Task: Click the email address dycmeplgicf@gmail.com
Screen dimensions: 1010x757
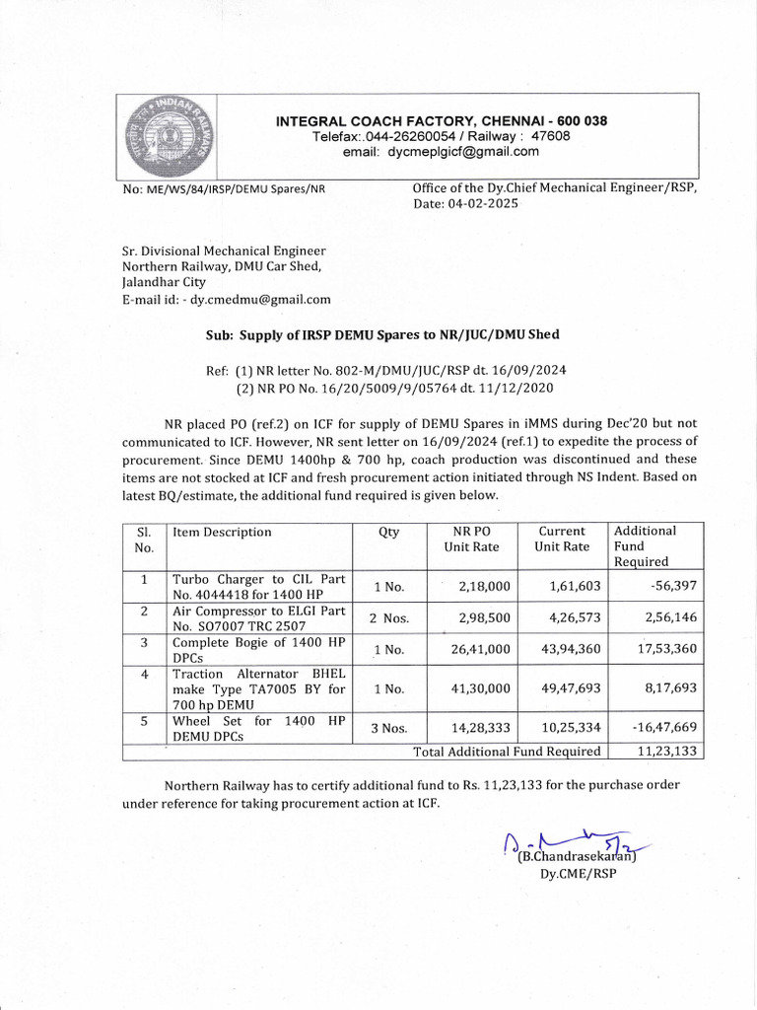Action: [463, 152]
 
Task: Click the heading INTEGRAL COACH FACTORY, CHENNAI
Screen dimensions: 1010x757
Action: [441, 121]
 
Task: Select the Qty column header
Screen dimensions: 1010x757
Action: [388, 533]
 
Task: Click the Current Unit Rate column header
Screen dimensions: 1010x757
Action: [562, 539]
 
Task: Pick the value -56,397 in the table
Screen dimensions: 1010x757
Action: [674, 586]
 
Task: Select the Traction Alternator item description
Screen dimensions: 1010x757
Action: [258, 689]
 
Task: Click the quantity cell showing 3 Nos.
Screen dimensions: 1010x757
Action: [388, 728]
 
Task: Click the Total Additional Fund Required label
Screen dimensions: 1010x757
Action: [507, 752]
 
